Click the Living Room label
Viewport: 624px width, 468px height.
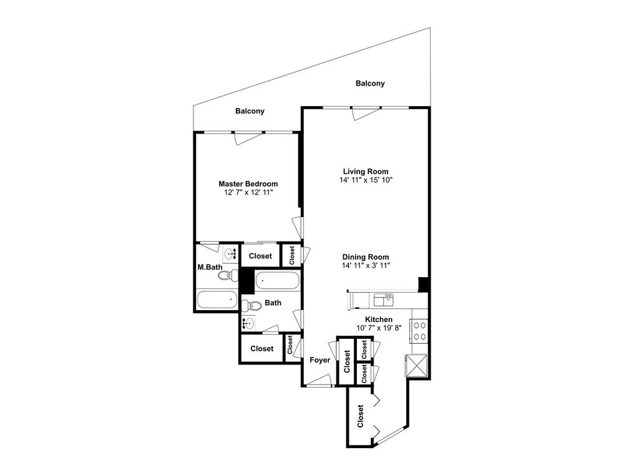[x=366, y=172]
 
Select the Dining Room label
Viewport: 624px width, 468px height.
[x=366, y=257]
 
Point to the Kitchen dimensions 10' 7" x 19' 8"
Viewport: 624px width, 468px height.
[x=379, y=328]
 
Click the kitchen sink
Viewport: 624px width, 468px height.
[x=384, y=300]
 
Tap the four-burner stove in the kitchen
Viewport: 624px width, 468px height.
[x=419, y=331]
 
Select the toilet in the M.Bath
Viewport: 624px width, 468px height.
[x=228, y=275]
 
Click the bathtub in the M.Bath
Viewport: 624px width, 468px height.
[x=217, y=300]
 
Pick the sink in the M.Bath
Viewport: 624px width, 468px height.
[x=230, y=253]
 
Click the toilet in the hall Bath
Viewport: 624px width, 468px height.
[x=250, y=306]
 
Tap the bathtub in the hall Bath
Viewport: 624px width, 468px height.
[x=278, y=280]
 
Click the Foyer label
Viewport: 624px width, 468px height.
[x=320, y=360]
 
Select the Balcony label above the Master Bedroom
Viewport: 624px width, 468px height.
[x=250, y=111]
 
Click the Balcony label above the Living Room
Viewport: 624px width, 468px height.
[x=370, y=83]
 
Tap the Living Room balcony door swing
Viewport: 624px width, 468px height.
[x=365, y=113]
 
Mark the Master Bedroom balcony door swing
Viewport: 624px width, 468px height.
[x=248, y=138]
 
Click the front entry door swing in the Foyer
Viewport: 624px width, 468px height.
[x=319, y=380]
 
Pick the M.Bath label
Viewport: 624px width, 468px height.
[x=210, y=268]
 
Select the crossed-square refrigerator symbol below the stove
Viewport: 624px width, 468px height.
[x=416, y=365]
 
